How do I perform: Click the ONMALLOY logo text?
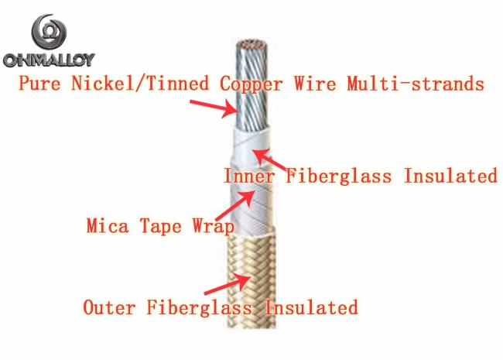(49, 60)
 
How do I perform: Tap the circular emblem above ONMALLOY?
(49, 32)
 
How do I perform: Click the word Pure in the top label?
(39, 84)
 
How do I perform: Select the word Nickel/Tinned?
(140, 84)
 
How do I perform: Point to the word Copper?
(251, 84)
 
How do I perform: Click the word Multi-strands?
(416, 84)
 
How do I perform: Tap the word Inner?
(249, 177)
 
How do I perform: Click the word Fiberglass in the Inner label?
(338, 177)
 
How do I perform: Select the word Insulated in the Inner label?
(450, 177)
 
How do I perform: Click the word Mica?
(108, 225)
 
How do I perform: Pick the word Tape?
(161, 227)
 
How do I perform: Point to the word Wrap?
(214, 227)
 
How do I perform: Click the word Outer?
(109, 307)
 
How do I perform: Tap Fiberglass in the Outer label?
(199, 308)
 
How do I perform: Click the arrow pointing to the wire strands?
(214, 108)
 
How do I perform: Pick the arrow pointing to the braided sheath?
(228, 284)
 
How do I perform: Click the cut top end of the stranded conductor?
(251, 45)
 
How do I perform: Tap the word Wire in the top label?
(315, 84)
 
